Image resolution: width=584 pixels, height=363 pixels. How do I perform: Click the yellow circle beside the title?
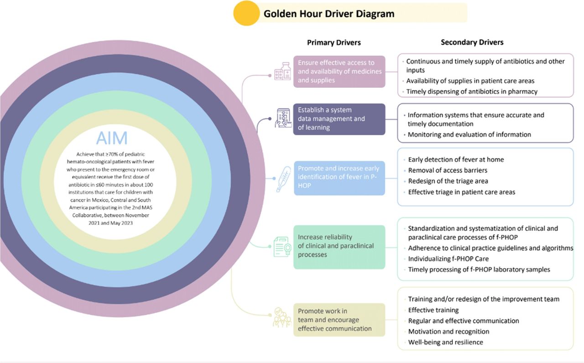246,13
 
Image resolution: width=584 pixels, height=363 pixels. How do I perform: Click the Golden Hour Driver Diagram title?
328,14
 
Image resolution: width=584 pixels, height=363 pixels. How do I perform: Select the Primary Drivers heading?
334,42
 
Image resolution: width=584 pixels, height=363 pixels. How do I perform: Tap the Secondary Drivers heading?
472,42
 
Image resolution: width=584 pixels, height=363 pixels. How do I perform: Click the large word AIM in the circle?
112,138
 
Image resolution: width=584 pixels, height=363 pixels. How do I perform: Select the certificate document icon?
282,246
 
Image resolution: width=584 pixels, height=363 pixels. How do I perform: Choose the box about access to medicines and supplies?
339,72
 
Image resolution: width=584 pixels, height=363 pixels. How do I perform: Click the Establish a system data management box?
339,119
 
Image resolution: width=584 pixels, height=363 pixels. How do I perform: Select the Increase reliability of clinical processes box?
339,246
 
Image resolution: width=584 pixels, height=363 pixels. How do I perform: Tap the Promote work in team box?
339,320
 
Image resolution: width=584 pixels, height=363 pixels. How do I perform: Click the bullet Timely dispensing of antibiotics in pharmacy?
472,92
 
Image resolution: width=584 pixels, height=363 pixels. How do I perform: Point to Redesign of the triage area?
448,181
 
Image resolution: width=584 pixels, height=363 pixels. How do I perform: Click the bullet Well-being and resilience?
445,342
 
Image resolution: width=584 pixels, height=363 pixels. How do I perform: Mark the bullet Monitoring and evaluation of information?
469,134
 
